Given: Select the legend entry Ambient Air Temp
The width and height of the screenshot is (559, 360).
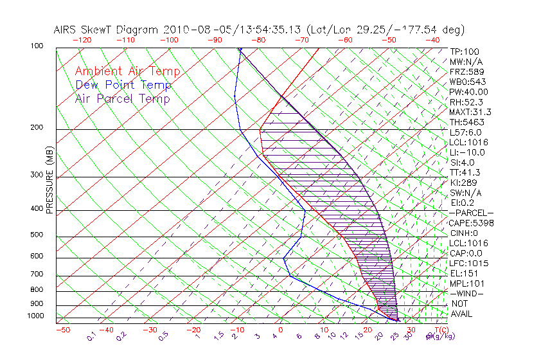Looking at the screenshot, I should point(128,71).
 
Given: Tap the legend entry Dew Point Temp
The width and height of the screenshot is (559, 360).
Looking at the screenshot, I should point(123,85).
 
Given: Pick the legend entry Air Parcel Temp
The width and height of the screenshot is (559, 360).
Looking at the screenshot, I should point(123,98).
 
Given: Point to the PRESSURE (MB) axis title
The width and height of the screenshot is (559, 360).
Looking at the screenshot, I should point(50,184).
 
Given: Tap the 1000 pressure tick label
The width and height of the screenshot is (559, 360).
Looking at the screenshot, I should point(36,316).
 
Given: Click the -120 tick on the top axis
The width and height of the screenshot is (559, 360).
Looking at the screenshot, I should point(82,39).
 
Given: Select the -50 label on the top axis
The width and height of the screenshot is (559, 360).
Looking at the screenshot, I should point(389,39).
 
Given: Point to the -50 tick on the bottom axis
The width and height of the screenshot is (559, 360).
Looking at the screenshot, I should point(62,330).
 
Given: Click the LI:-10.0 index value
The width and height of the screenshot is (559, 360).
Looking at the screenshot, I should point(467,152).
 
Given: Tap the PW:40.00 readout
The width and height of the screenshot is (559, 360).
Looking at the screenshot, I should point(469,92).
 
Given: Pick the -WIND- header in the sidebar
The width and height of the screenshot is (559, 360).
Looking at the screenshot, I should point(467,293).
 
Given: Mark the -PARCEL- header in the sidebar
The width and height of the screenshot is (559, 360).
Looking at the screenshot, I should point(472,213).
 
